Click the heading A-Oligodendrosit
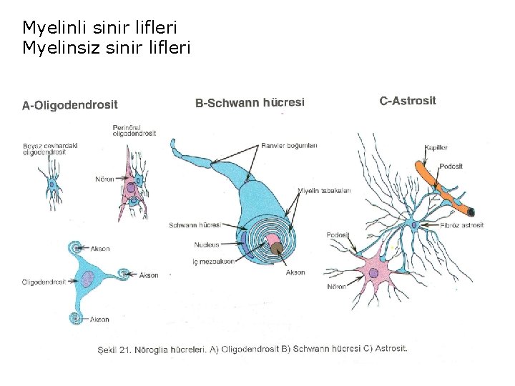70,105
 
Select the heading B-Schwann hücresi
250,103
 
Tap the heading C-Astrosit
407,101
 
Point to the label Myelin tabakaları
324,190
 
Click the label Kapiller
436,147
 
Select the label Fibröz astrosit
462,225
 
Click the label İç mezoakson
213,262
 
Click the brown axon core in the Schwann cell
276,249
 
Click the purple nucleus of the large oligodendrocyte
87,278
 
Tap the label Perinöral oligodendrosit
134,131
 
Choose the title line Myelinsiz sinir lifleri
107,48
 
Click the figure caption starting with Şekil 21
252,349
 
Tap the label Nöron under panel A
104,179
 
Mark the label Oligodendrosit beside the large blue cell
44,282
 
